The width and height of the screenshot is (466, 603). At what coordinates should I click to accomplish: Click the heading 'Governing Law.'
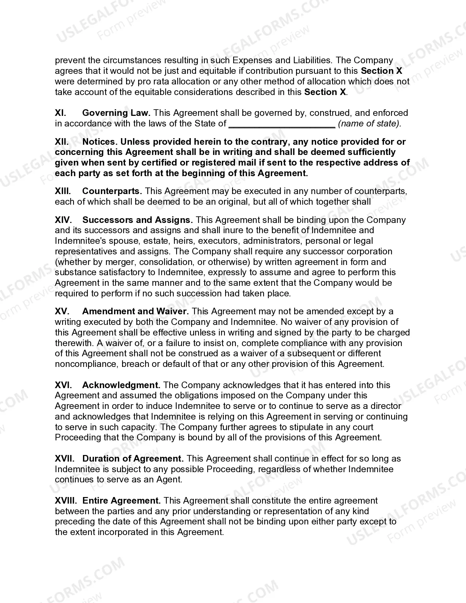117,113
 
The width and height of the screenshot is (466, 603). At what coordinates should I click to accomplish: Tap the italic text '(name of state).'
370,124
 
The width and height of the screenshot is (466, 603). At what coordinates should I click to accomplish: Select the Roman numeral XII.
62,141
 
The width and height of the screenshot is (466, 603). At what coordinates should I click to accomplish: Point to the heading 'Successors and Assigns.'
137,220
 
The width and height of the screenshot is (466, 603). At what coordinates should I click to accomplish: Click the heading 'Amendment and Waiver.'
135,311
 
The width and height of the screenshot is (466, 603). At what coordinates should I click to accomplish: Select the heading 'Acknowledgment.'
121,385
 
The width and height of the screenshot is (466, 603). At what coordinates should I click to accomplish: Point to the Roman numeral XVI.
63,385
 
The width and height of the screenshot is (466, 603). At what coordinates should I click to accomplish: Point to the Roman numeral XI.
60,113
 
